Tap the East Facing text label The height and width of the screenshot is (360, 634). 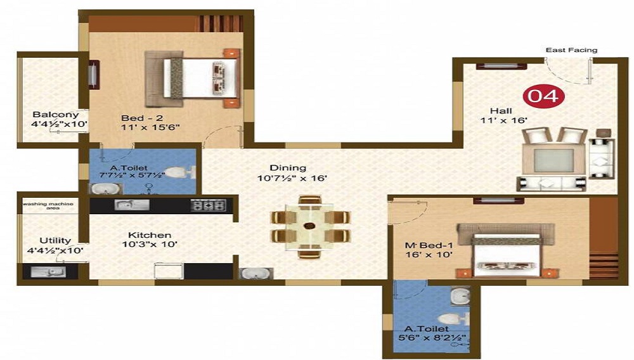[571, 50]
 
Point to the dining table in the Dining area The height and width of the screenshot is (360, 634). [310, 226]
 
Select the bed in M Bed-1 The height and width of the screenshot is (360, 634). [507, 250]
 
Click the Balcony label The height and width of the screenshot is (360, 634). [56, 115]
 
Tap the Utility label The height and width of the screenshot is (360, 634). [55, 240]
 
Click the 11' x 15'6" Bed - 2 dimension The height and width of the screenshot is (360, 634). [151, 127]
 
